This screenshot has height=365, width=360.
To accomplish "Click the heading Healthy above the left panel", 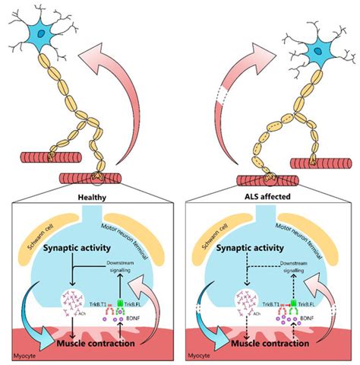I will click(x=90, y=195).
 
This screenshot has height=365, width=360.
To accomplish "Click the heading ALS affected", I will click(x=270, y=195).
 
